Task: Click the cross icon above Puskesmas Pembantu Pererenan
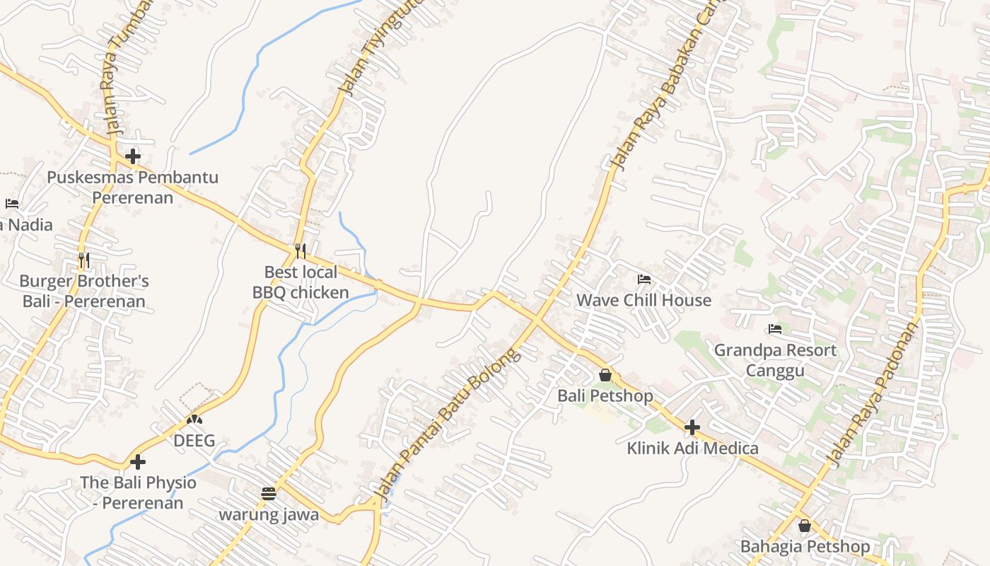[x=133, y=156]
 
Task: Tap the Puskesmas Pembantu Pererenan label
[x=133, y=187]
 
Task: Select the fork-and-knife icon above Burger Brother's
[x=83, y=260]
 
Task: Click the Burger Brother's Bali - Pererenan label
[x=84, y=291]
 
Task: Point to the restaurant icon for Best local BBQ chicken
[x=301, y=251]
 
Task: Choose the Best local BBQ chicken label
[x=301, y=282]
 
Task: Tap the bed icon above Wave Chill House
[x=643, y=279]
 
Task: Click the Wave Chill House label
[x=643, y=300]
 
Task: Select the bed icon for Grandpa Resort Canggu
[x=775, y=329]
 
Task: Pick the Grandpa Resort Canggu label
[x=775, y=360]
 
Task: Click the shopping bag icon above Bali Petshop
[x=605, y=375]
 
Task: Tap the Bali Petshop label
[x=605, y=395]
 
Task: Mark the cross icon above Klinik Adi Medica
[x=692, y=427]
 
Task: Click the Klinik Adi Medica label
[x=692, y=448]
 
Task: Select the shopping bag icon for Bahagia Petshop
[x=804, y=526]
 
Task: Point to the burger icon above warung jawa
[x=268, y=494]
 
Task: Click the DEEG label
[x=194, y=441]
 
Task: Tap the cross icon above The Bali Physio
[x=138, y=462]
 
